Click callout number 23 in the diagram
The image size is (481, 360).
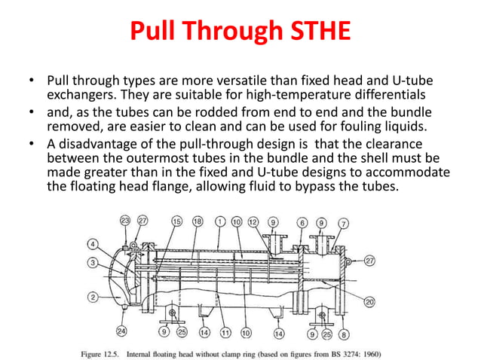click(x=124, y=222)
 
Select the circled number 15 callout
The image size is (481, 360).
click(x=177, y=222)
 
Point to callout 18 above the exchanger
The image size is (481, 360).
click(x=198, y=222)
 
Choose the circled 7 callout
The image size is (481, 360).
click(x=344, y=224)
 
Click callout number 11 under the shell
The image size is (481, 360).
click(x=224, y=332)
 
